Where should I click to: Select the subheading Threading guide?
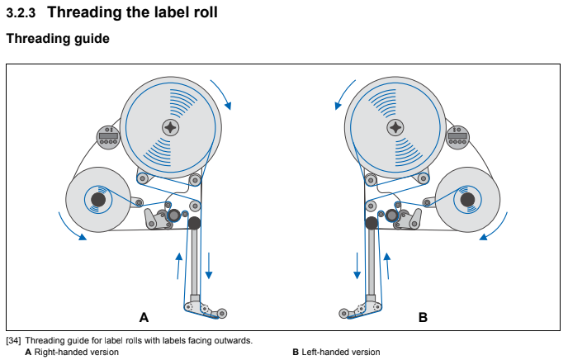(x=58, y=39)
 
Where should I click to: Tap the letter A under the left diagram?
(x=144, y=316)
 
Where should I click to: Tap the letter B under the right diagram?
(x=423, y=316)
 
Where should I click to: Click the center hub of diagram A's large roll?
(x=171, y=127)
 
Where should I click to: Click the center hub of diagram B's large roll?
(x=396, y=127)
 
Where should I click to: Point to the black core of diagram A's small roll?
(x=97, y=200)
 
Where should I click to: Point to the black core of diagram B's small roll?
(x=469, y=200)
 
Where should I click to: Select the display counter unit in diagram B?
(x=458, y=136)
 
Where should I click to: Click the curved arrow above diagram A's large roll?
(x=222, y=93)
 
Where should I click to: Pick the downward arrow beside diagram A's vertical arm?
(x=209, y=266)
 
